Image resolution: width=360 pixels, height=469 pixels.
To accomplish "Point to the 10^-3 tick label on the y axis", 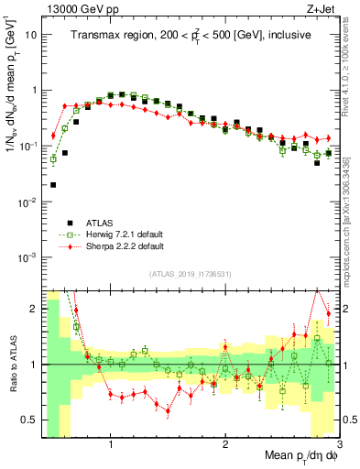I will tap(28, 257).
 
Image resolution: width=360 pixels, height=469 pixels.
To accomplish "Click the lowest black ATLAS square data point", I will tap(53, 185).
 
